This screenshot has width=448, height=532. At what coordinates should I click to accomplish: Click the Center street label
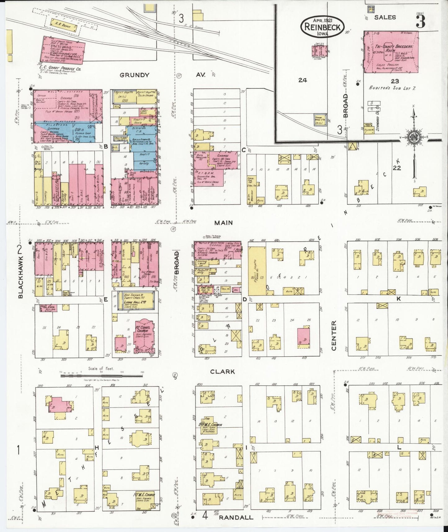click(x=334, y=336)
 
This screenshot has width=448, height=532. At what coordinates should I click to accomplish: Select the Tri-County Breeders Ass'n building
click(x=390, y=52)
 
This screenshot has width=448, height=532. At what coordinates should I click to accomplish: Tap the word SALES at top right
click(x=385, y=17)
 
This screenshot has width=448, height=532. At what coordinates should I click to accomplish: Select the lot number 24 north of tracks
click(x=302, y=80)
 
